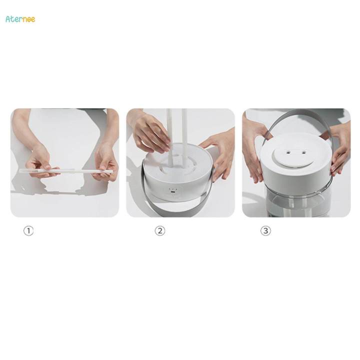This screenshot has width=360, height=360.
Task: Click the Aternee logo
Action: click(20, 19)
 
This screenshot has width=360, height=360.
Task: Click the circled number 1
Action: click(29, 231)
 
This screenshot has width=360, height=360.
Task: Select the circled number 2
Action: click(159, 231)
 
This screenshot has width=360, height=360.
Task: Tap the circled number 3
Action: click(265, 231)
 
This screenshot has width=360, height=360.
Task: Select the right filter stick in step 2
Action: click(184, 135)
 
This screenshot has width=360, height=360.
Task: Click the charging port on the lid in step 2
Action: click(173, 192)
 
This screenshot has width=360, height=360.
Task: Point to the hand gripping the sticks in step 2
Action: click(150, 132)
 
